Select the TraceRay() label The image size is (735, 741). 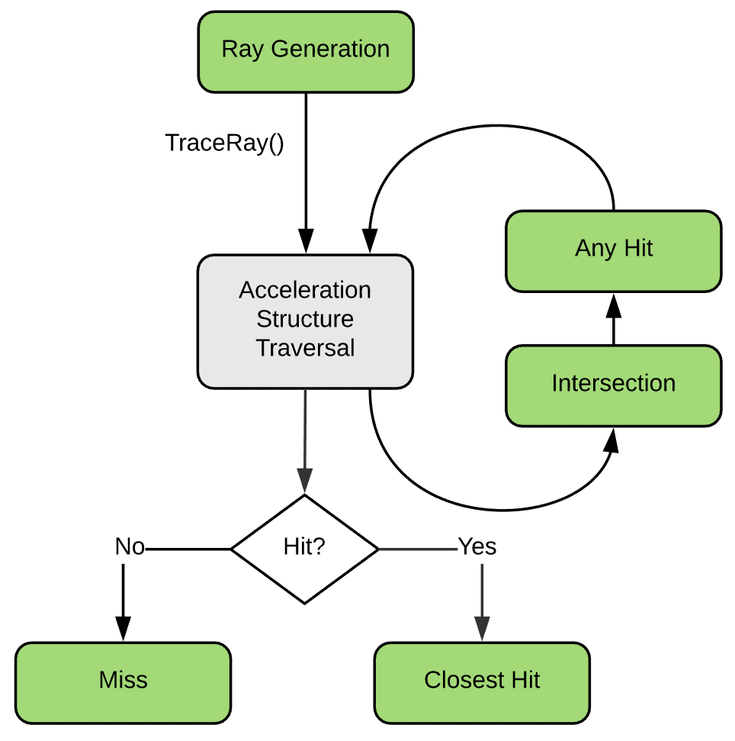coord(224,143)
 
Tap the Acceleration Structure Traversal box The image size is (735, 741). coord(305,321)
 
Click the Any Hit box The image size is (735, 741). coord(613,250)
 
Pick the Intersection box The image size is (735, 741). coord(613,385)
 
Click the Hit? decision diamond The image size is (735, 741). coord(305,549)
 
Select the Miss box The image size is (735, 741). coord(123,681)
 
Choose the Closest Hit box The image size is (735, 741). coord(482,681)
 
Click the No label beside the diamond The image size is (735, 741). coord(129,547)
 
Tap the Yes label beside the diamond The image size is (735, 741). coord(477,547)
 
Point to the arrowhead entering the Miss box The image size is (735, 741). coord(122,630)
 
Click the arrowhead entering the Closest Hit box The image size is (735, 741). coord(482,630)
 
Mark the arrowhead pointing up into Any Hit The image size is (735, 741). coord(614,304)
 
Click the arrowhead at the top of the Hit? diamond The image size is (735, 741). coord(305,482)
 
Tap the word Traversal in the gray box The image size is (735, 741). coord(305,348)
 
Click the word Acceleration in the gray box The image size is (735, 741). coord(305,291)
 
